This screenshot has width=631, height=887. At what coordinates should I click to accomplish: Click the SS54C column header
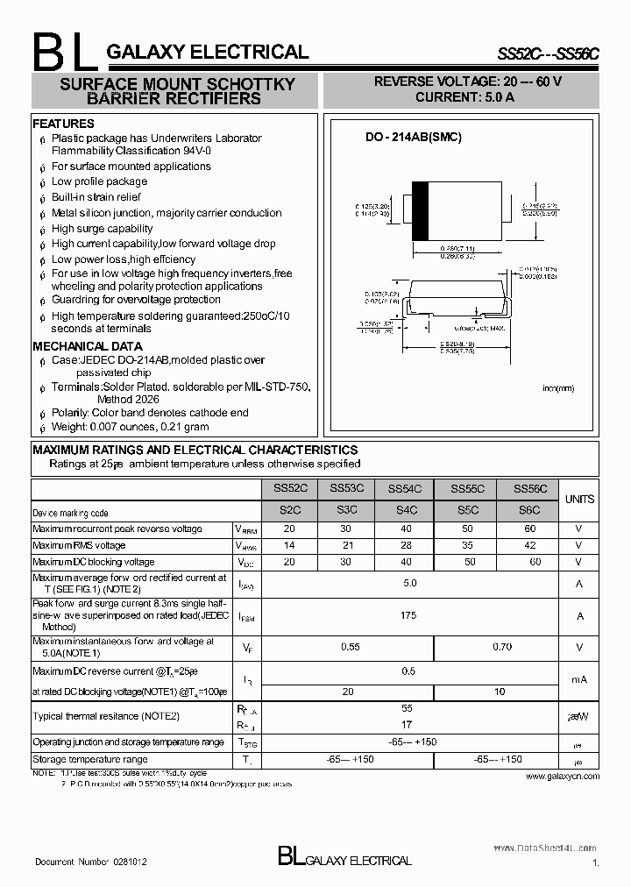[x=405, y=489]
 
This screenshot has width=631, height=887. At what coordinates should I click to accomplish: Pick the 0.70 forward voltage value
[x=502, y=647]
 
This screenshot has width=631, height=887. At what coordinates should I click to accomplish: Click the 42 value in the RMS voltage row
[x=529, y=545]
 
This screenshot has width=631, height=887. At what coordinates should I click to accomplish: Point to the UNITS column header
[x=578, y=499]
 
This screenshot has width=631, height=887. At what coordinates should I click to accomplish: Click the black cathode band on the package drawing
[x=420, y=211]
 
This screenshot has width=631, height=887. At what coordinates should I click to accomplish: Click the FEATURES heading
[x=63, y=124]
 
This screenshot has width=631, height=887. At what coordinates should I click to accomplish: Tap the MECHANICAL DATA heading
[x=87, y=346]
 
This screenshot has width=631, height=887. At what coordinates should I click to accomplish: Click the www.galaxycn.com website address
[x=563, y=777]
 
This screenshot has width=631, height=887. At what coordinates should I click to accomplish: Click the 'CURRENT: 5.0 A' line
[x=464, y=97]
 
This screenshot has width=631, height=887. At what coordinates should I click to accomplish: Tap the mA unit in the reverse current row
[x=578, y=679]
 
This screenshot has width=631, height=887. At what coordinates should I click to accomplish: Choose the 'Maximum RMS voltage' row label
[x=79, y=545]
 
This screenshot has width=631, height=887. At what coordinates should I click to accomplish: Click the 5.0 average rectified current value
[x=408, y=583]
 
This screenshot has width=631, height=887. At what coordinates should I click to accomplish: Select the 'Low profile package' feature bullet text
[x=99, y=181]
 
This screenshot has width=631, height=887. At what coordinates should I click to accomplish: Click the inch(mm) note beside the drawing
[x=557, y=387]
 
